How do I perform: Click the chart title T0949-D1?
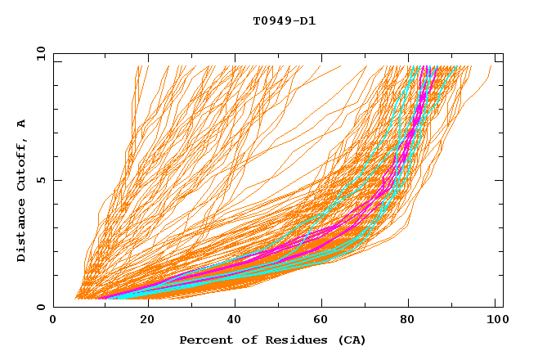[284, 20]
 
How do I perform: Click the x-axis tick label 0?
[53, 321]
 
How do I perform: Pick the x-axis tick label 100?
[494, 321]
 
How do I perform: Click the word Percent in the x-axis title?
[204, 340]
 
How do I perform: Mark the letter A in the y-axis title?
[22, 123]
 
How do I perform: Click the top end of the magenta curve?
[428, 67]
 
